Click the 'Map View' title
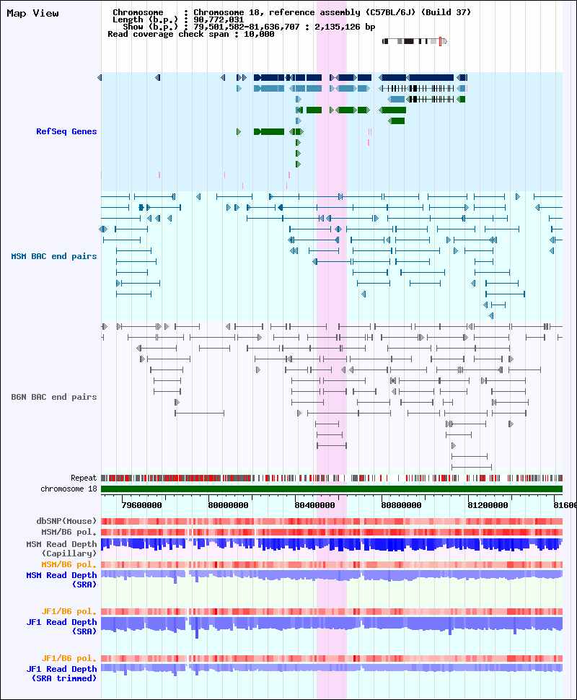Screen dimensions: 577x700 pyautogui.click(x=32, y=14)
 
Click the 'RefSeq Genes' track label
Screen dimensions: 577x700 pyautogui.click(x=66, y=131)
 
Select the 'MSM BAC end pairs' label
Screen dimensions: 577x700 pyautogui.click(x=54, y=256)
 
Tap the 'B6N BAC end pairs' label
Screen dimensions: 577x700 pyautogui.click(x=54, y=397)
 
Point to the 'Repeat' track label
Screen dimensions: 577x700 pyautogui.click(x=84, y=478)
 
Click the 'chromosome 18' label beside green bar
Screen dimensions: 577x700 pyautogui.click(x=69, y=489)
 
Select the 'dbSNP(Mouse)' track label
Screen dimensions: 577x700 pyautogui.click(x=66, y=521)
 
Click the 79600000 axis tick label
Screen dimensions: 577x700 pyautogui.click(x=142, y=505)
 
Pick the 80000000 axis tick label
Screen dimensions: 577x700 pyautogui.click(x=229, y=505)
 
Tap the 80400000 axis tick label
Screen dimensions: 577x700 pyautogui.click(x=315, y=505)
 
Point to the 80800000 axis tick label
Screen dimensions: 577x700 pyautogui.click(x=402, y=505)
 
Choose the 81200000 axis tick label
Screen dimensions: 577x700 pyautogui.click(x=488, y=505)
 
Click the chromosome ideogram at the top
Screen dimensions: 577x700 pyautogui.click(x=415, y=42)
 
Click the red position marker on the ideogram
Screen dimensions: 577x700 pyautogui.click(x=440, y=42)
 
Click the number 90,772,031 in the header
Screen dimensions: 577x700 pyautogui.click(x=219, y=19)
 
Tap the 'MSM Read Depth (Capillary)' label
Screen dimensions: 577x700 pyautogui.click(x=61, y=548)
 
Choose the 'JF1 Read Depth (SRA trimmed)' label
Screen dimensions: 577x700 pyautogui.click(x=61, y=674)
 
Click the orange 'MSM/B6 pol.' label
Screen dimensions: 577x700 pyautogui.click(x=69, y=564)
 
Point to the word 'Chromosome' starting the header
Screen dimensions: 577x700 pyautogui.click(x=138, y=12)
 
